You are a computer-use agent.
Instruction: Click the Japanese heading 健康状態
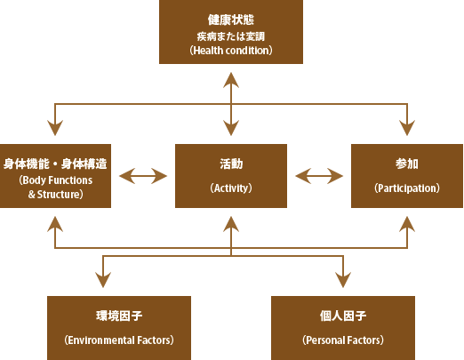click(231, 20)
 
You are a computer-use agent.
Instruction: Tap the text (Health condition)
click(231, 51)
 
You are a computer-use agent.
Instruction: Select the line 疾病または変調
click(231, 36)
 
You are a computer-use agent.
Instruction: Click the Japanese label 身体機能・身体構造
click(55, 164)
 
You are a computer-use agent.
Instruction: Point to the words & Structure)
click(56, 195)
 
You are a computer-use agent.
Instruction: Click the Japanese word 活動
click(231, 164)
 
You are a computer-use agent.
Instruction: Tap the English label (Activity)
click(231, 188)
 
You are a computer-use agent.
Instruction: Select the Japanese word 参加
click(407, 164)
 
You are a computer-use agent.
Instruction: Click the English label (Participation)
click(407, 188)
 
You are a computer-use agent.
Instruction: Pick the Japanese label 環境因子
click(119, 316)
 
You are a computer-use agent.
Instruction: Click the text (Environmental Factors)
click(119, 340)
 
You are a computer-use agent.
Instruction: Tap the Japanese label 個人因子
click(343, 316)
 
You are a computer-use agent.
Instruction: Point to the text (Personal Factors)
click(343, 340)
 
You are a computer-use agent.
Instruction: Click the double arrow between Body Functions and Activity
click(143, 176)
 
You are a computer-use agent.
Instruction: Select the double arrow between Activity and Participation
click(319, 176)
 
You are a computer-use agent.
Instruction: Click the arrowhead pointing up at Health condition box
click(231, 80)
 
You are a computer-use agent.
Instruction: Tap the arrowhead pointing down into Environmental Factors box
click(103, 280)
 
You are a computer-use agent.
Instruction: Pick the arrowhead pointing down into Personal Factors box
click(343, 280)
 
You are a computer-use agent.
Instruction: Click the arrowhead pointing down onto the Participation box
click(407, 128)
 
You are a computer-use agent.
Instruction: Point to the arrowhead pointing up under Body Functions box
click(55, 224)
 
